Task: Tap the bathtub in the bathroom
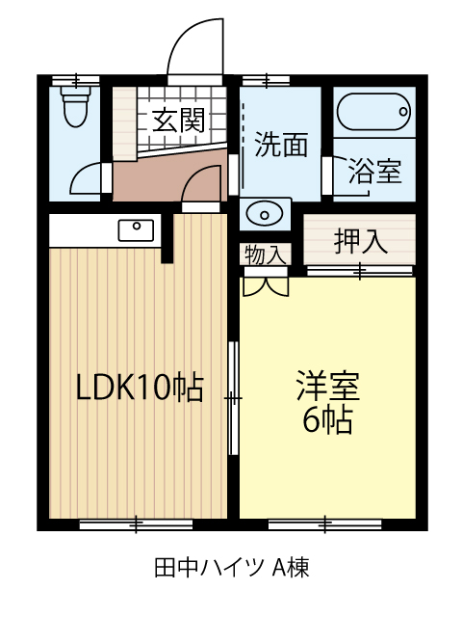pyautogui.click(x=373, y=112)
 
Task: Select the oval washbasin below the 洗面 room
pyautogui.click(x=265, y=215)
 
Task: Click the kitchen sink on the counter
pyautogui.click(x=137, y=230)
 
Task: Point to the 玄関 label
pyautogui.click(x=179, y=120)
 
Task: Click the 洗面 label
pyautogui.click(x=281, y=145)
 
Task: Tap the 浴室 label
pyautogui.click(x=375, y=172)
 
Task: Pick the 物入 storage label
pyautogui.click(x=266, y=255)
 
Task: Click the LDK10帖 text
pyautogui.click(x=140, y=388)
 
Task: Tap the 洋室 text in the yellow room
pyautogui.click(x=328, y=386)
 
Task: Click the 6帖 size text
pyautogui.click(x=327, y=419)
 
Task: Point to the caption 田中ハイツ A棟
pyautogui.click(x=231, y=567)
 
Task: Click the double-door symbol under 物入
pyautogui.click(x=266, y=286)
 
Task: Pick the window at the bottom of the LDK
pyautogui.click(x=136, y=524)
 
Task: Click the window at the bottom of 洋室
pyautogui.click(x=325, y=524)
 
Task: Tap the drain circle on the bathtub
pyautogui.click(x=403, y=112)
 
